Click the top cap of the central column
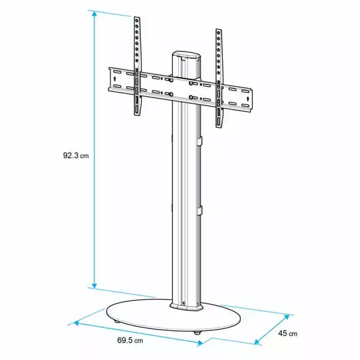coord(186,56)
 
